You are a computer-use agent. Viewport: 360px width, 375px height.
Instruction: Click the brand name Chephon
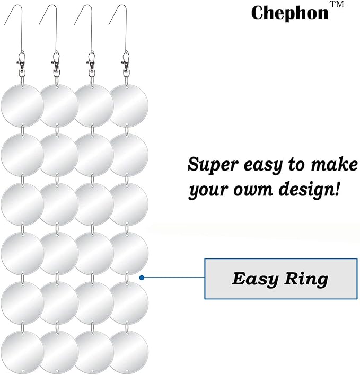click(289, 13)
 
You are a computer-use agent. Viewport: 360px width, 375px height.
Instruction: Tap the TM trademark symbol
click(337, 4)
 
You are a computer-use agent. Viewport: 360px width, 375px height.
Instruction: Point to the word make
click(334, 164)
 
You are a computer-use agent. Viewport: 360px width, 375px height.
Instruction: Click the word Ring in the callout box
click(306, 279)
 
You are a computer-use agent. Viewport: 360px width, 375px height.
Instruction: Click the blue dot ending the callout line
click(142, 278)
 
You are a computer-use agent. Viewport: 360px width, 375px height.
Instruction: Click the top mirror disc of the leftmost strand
click(22, 105)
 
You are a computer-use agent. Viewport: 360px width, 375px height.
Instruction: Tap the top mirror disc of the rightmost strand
click(129, 105)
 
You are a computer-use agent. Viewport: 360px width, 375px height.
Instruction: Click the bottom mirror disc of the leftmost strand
click(22, 352)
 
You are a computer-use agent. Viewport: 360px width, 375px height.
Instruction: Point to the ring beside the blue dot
click(127, 278)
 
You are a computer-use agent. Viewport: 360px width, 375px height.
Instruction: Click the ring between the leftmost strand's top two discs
click(23, 130)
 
